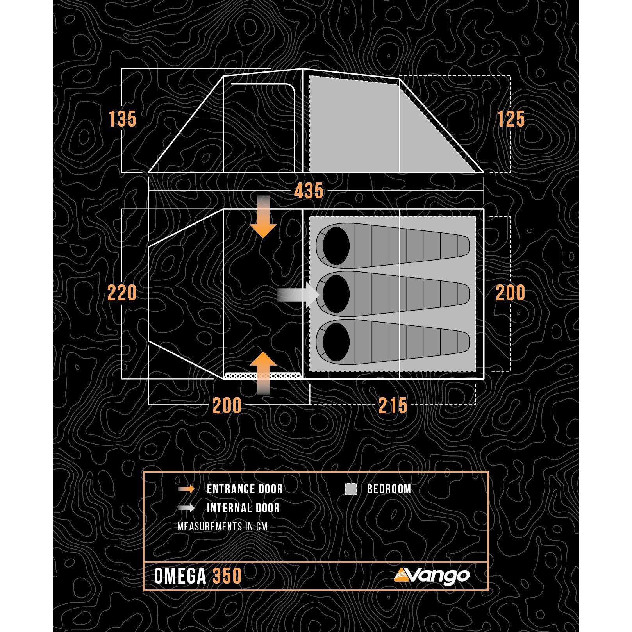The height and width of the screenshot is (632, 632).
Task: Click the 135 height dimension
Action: pyautogui.click(x=122, y=119)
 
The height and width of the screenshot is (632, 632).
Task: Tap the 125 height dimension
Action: pyautogui.click(x=511, y=119)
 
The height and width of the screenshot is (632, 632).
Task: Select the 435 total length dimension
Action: pyautogui.click(x=309, y=191)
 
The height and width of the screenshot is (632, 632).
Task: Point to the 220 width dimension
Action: pyautogui.click(x=122, y=293)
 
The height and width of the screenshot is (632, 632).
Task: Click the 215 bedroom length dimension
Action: pyautogui.click(x=393, y=405)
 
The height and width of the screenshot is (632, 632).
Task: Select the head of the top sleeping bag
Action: pyautogui.click(x=336, y=246)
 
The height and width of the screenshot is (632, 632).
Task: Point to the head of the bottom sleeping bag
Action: pyautogui.click(x=336, y=341)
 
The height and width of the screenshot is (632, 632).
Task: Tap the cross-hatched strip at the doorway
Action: pyautogui.click(x=262, y=376)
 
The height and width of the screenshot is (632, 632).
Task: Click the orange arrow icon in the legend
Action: pyautogui.click(x=186, y=489)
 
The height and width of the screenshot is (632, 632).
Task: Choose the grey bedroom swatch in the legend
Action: pyautogui.click(x=351, y=489)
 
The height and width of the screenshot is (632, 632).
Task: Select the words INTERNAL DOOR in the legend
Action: pyautogui.click(x=243, y=508)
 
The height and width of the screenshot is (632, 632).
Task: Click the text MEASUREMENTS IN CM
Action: pyautogui.click(x=222, y=527)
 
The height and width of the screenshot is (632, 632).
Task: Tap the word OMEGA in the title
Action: pyautogui.click(x=180, y=576)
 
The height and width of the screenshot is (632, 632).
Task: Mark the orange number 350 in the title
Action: pyautogui.click(x=227, y=576)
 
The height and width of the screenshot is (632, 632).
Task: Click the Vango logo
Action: pyautogui.click(x=431, y=575)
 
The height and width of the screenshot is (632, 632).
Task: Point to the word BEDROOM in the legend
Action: pyautogui.click(x=389, y=489)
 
